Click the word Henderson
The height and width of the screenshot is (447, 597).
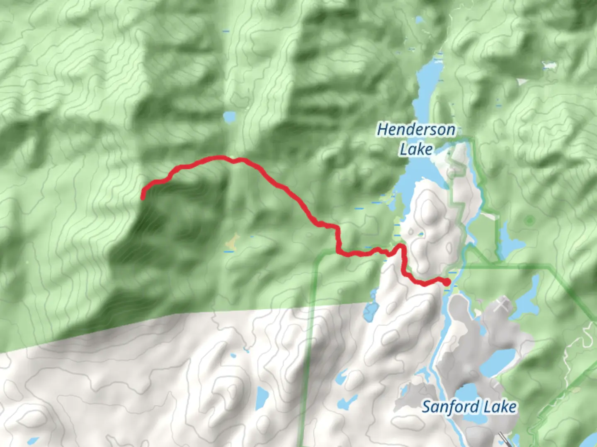[x=416, y=130]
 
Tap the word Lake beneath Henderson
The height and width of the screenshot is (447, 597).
[x=416, y=149]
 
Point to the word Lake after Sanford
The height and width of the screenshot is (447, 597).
[x=500, y=406]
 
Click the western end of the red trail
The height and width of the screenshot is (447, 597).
[x=143, y=197]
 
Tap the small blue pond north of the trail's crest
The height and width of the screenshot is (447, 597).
[x=229, y=117]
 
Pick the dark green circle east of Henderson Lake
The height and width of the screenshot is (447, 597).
[x=529, y=220]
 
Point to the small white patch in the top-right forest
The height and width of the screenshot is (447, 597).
[x=549, y=65]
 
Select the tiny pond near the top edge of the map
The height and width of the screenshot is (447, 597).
[x=419, y=19]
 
